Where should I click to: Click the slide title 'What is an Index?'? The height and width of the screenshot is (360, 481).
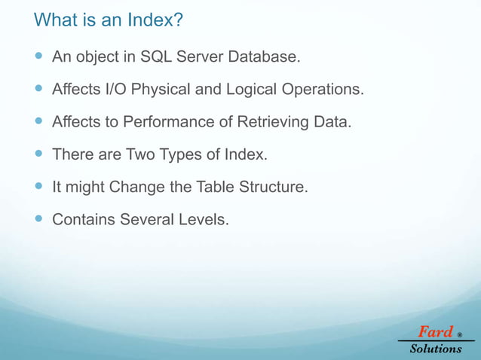tap(109, 20)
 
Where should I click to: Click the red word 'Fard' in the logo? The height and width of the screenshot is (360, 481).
tap(435, 331)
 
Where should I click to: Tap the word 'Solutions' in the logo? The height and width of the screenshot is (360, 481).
tap(436, 349)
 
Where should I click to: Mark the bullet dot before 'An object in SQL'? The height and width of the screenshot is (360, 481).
tap(39, 57)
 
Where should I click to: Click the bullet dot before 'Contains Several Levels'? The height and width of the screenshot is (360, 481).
tap(39, 221)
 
